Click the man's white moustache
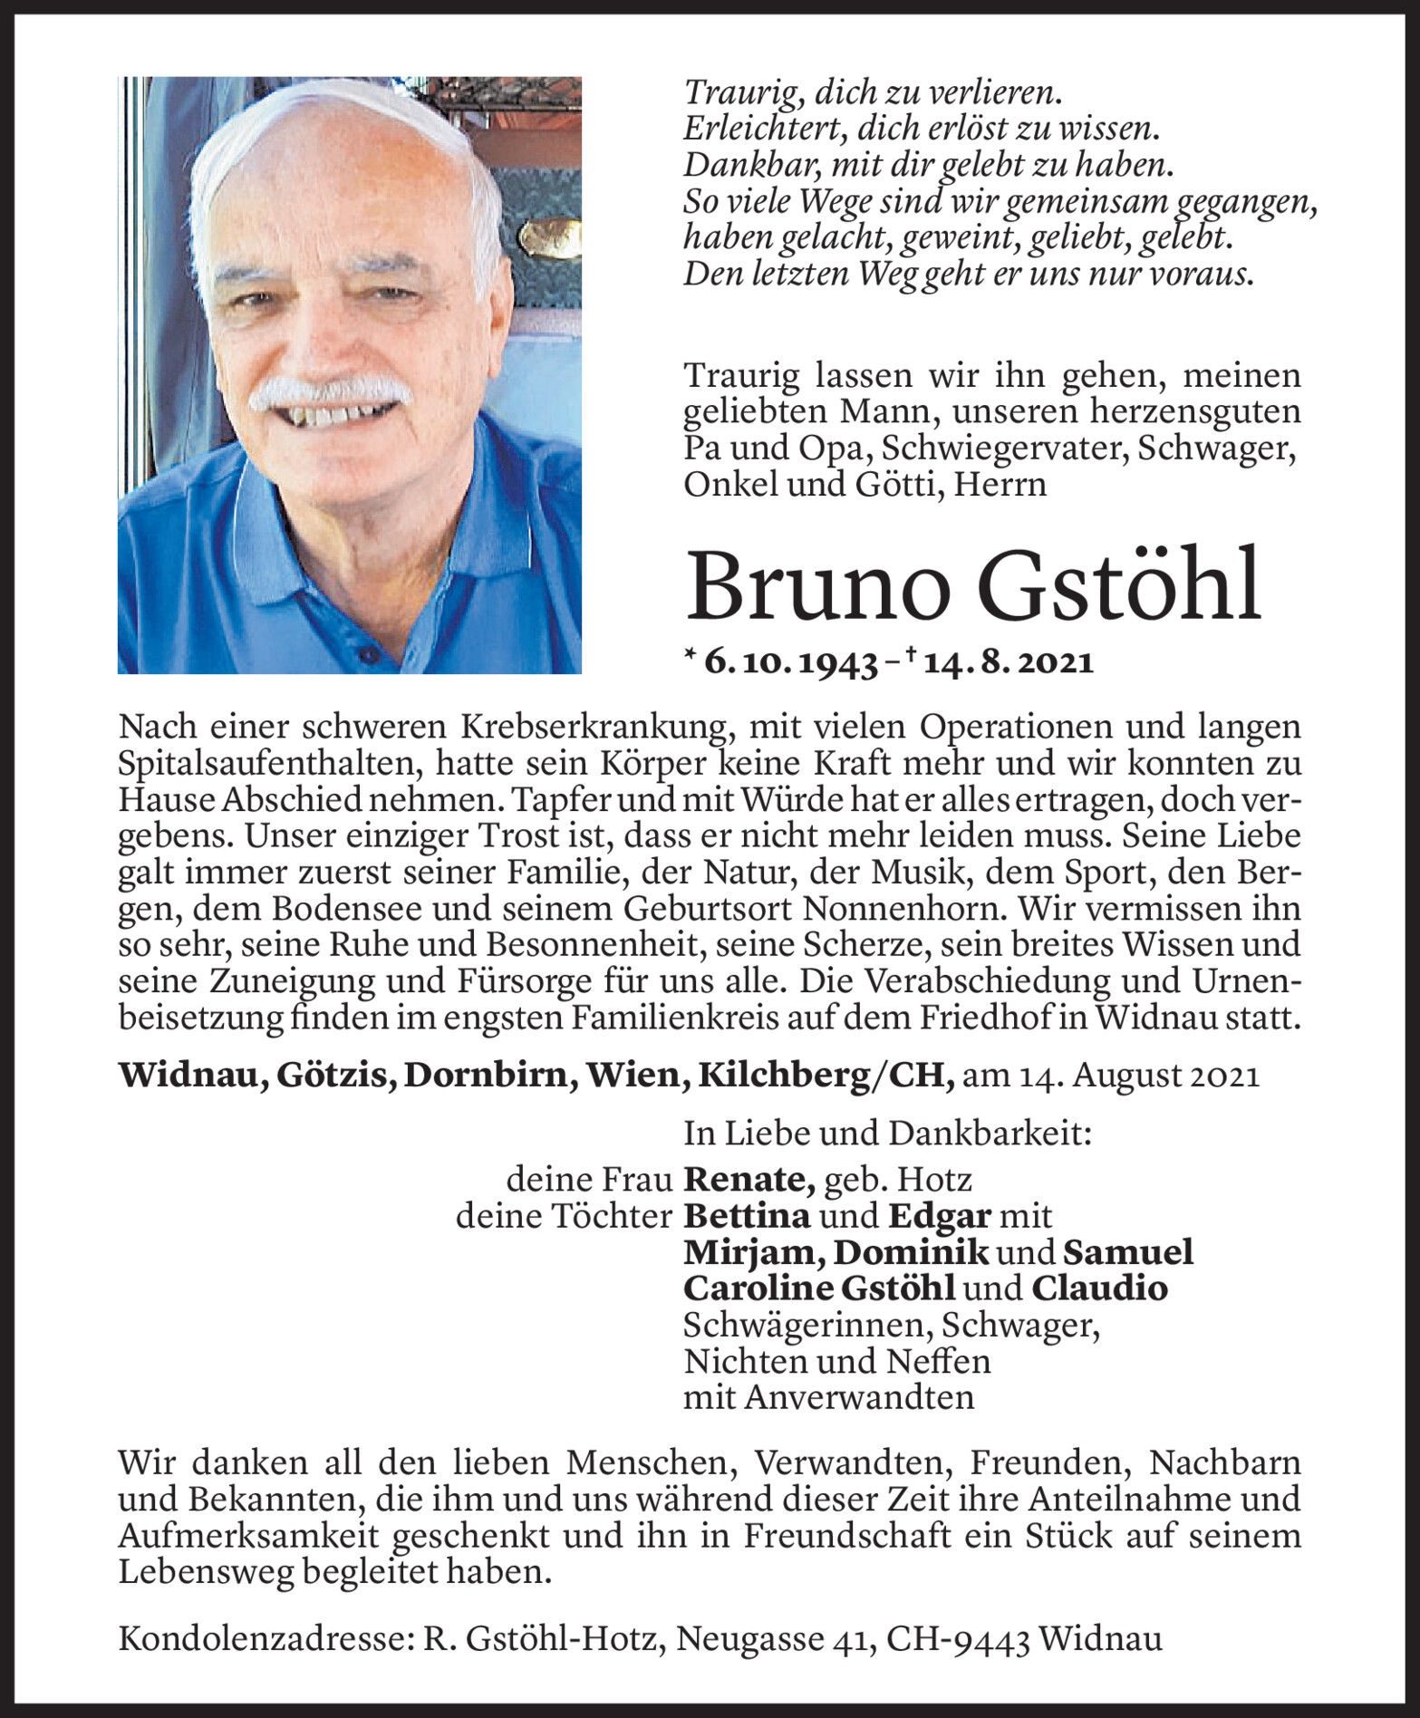[330, 391]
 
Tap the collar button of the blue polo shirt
[366, 654]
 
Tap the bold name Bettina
[747, 1215]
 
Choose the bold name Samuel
[1127, 1251]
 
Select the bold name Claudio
[1099, 1288]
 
